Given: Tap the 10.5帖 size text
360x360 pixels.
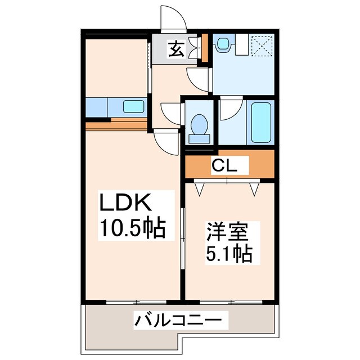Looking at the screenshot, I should [132, 228].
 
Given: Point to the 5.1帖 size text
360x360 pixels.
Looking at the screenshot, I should [228, 254].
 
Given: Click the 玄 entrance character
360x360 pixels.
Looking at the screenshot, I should [175, 50].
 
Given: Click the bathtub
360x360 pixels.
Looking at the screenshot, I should [262, 122].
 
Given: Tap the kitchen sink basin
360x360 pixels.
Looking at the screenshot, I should [133, 106].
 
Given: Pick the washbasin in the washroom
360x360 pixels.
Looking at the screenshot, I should [224, 43].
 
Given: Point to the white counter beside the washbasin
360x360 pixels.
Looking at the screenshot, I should [241, 44].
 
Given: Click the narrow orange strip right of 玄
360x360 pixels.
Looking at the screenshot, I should [205, 48].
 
